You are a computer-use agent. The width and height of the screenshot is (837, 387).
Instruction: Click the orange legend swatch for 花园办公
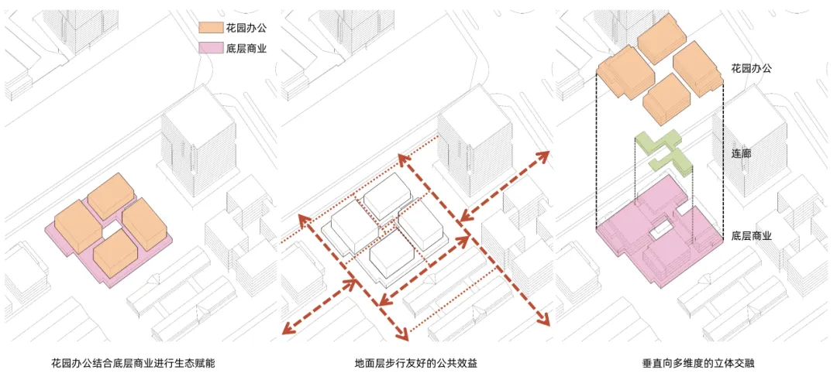coord(208,28)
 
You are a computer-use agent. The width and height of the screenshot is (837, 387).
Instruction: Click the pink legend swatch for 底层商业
coord(208,49)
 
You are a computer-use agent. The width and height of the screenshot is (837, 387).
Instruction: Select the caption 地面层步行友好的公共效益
coord(416,365)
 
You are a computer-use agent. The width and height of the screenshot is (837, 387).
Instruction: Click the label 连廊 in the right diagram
coord(742,154)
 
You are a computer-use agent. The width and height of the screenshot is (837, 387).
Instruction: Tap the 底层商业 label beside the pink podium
coord(751,236)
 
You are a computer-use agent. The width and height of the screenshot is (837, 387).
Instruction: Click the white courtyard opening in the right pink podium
coord(660,228)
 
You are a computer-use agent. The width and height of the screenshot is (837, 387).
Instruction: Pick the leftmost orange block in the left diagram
coord(78,226)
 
